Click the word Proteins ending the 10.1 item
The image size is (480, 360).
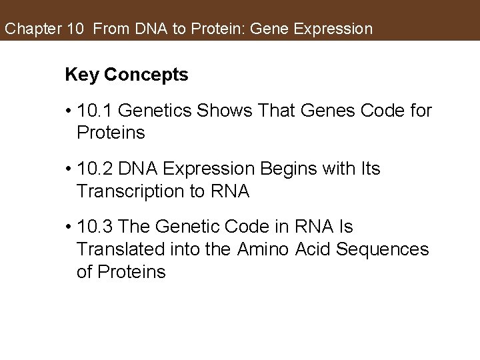tap(111, 133)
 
